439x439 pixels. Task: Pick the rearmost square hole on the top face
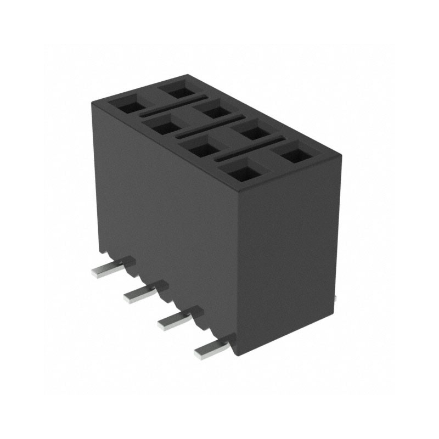tap(179, 88)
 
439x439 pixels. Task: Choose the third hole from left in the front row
tap(199, 149)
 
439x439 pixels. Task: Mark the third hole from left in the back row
tap(252, 132)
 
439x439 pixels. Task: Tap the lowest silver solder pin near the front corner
tap(212, 350)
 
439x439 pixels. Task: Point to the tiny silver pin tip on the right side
tap(335, 297)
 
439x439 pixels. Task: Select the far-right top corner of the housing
tap(341, 156)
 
